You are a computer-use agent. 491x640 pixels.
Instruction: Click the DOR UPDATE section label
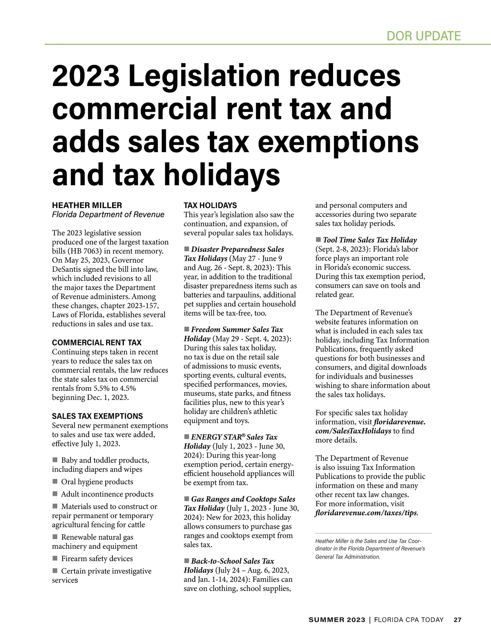coord(423,36)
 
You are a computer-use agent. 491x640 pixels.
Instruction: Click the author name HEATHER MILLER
coord(87,205)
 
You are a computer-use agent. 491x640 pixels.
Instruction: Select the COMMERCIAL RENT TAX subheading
coord(97,343)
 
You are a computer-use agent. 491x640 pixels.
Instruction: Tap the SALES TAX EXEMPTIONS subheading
coord(97,416)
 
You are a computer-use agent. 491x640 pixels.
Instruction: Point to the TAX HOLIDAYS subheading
coord(210,205)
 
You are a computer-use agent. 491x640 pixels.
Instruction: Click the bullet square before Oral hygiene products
coord(55,482)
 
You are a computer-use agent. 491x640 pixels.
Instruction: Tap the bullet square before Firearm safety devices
coord(55,559)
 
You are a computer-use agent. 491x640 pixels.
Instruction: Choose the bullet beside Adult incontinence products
coord(55,494)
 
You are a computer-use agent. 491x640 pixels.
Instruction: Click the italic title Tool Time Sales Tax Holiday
coord(369,240)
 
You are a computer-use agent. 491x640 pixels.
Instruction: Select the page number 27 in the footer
coord(457,620)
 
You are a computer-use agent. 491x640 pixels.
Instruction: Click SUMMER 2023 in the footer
coord(337,620)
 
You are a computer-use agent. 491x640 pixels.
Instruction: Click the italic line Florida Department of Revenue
coord(108,214)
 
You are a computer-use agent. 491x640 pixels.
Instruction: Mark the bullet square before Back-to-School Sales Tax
coord(187,561)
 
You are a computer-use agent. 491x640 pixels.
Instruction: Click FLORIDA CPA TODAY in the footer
coord(409,620)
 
